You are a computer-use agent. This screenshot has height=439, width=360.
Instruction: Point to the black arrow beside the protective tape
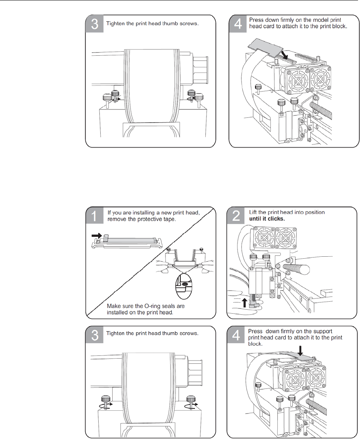coord(96,236)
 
